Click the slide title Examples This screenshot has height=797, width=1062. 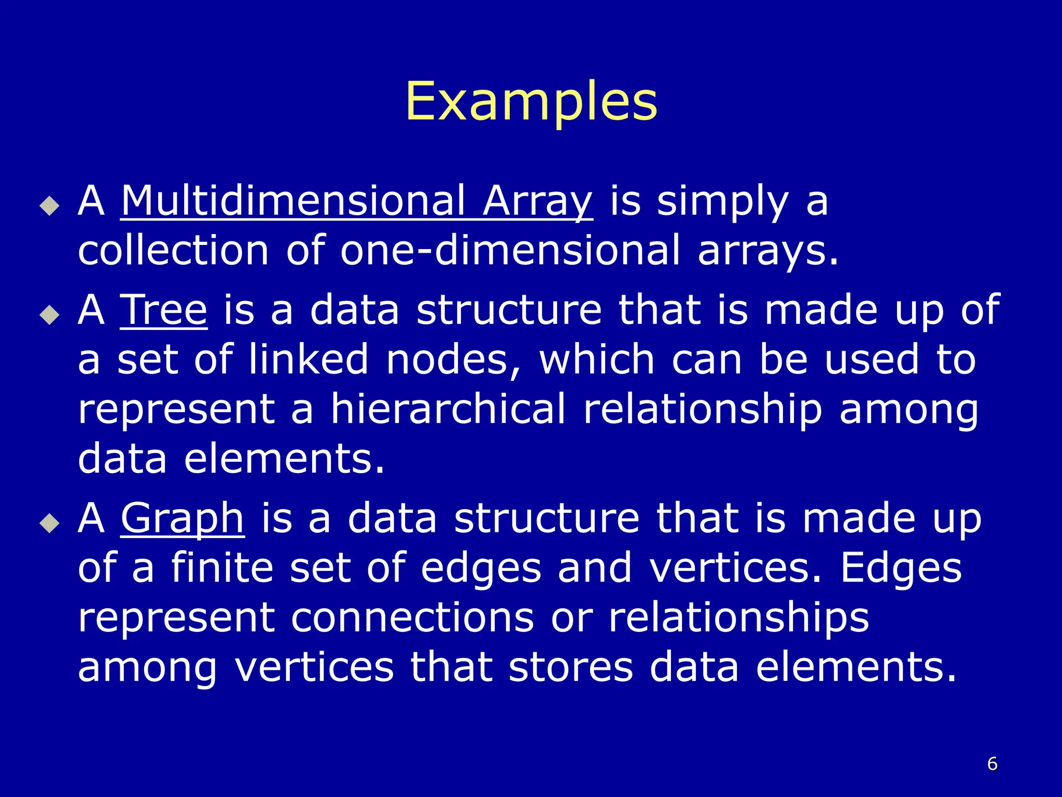click(x=531, y=102)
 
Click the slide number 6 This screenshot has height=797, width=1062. click(x=992, y=764)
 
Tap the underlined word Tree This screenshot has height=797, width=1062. click(x=164, y=310)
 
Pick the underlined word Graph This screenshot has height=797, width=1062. click(x=183, y=519)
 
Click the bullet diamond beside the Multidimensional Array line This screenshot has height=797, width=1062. click(x=50, y=205)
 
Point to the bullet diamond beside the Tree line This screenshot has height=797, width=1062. click(x=50, y=314)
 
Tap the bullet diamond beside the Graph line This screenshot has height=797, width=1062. click(x=50, y=523)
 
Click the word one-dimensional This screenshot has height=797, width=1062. click(x=510, y=250)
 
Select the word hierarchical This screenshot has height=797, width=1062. click(x=448, y=409)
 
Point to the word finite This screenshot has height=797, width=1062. click(x=222, y=568)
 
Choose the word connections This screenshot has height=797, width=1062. click(x=412, y=617)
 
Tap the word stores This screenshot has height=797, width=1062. click(x=571, y=667)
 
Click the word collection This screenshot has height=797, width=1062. click(x=173, y=250)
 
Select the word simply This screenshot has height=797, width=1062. click(x=723, y=202)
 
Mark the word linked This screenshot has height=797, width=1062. click(x=309, y=360)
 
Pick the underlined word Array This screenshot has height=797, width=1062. click(x=538, y=202)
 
